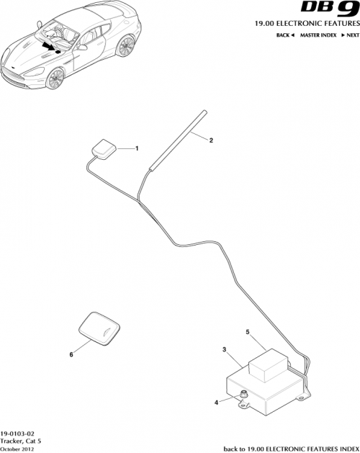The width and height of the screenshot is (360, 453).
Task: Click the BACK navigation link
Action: point(287,35)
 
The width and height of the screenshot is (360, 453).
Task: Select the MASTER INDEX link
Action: point(319,35)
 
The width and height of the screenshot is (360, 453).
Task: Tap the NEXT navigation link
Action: point(350,35)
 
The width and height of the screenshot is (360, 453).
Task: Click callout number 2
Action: point(211,140)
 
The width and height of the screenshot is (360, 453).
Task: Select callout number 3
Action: point(225,349)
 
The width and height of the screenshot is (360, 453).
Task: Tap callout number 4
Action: point(215,402)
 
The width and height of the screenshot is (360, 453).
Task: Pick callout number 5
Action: point(248,333)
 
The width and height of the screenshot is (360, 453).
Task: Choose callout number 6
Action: point(71,354)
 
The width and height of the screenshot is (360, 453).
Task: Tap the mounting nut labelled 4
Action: point(244,393)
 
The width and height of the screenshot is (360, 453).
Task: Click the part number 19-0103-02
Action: point(17,431)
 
